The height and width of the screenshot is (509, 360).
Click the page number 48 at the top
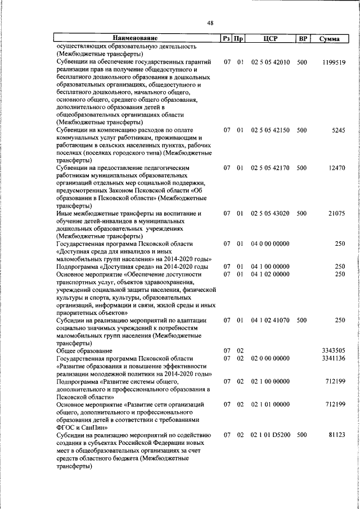[210, 23]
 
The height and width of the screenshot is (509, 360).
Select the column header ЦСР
[271, 39]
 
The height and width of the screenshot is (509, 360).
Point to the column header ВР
[303, 39]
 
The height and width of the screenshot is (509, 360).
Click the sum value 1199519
[334, 62]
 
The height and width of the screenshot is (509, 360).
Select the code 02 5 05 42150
[271, 130]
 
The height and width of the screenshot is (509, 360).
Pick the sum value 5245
[338, 130]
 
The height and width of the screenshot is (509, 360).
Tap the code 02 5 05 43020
[271, 213]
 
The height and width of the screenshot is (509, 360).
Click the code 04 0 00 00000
[271, 244]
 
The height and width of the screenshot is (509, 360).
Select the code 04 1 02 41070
[271, 320]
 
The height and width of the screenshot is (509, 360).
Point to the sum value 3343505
[334, 350]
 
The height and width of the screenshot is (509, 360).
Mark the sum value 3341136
[334, 358]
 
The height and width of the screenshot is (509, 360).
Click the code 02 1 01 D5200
[271, 434]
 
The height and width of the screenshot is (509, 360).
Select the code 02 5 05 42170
[271, 168]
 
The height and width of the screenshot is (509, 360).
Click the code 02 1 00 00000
[271, 381]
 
